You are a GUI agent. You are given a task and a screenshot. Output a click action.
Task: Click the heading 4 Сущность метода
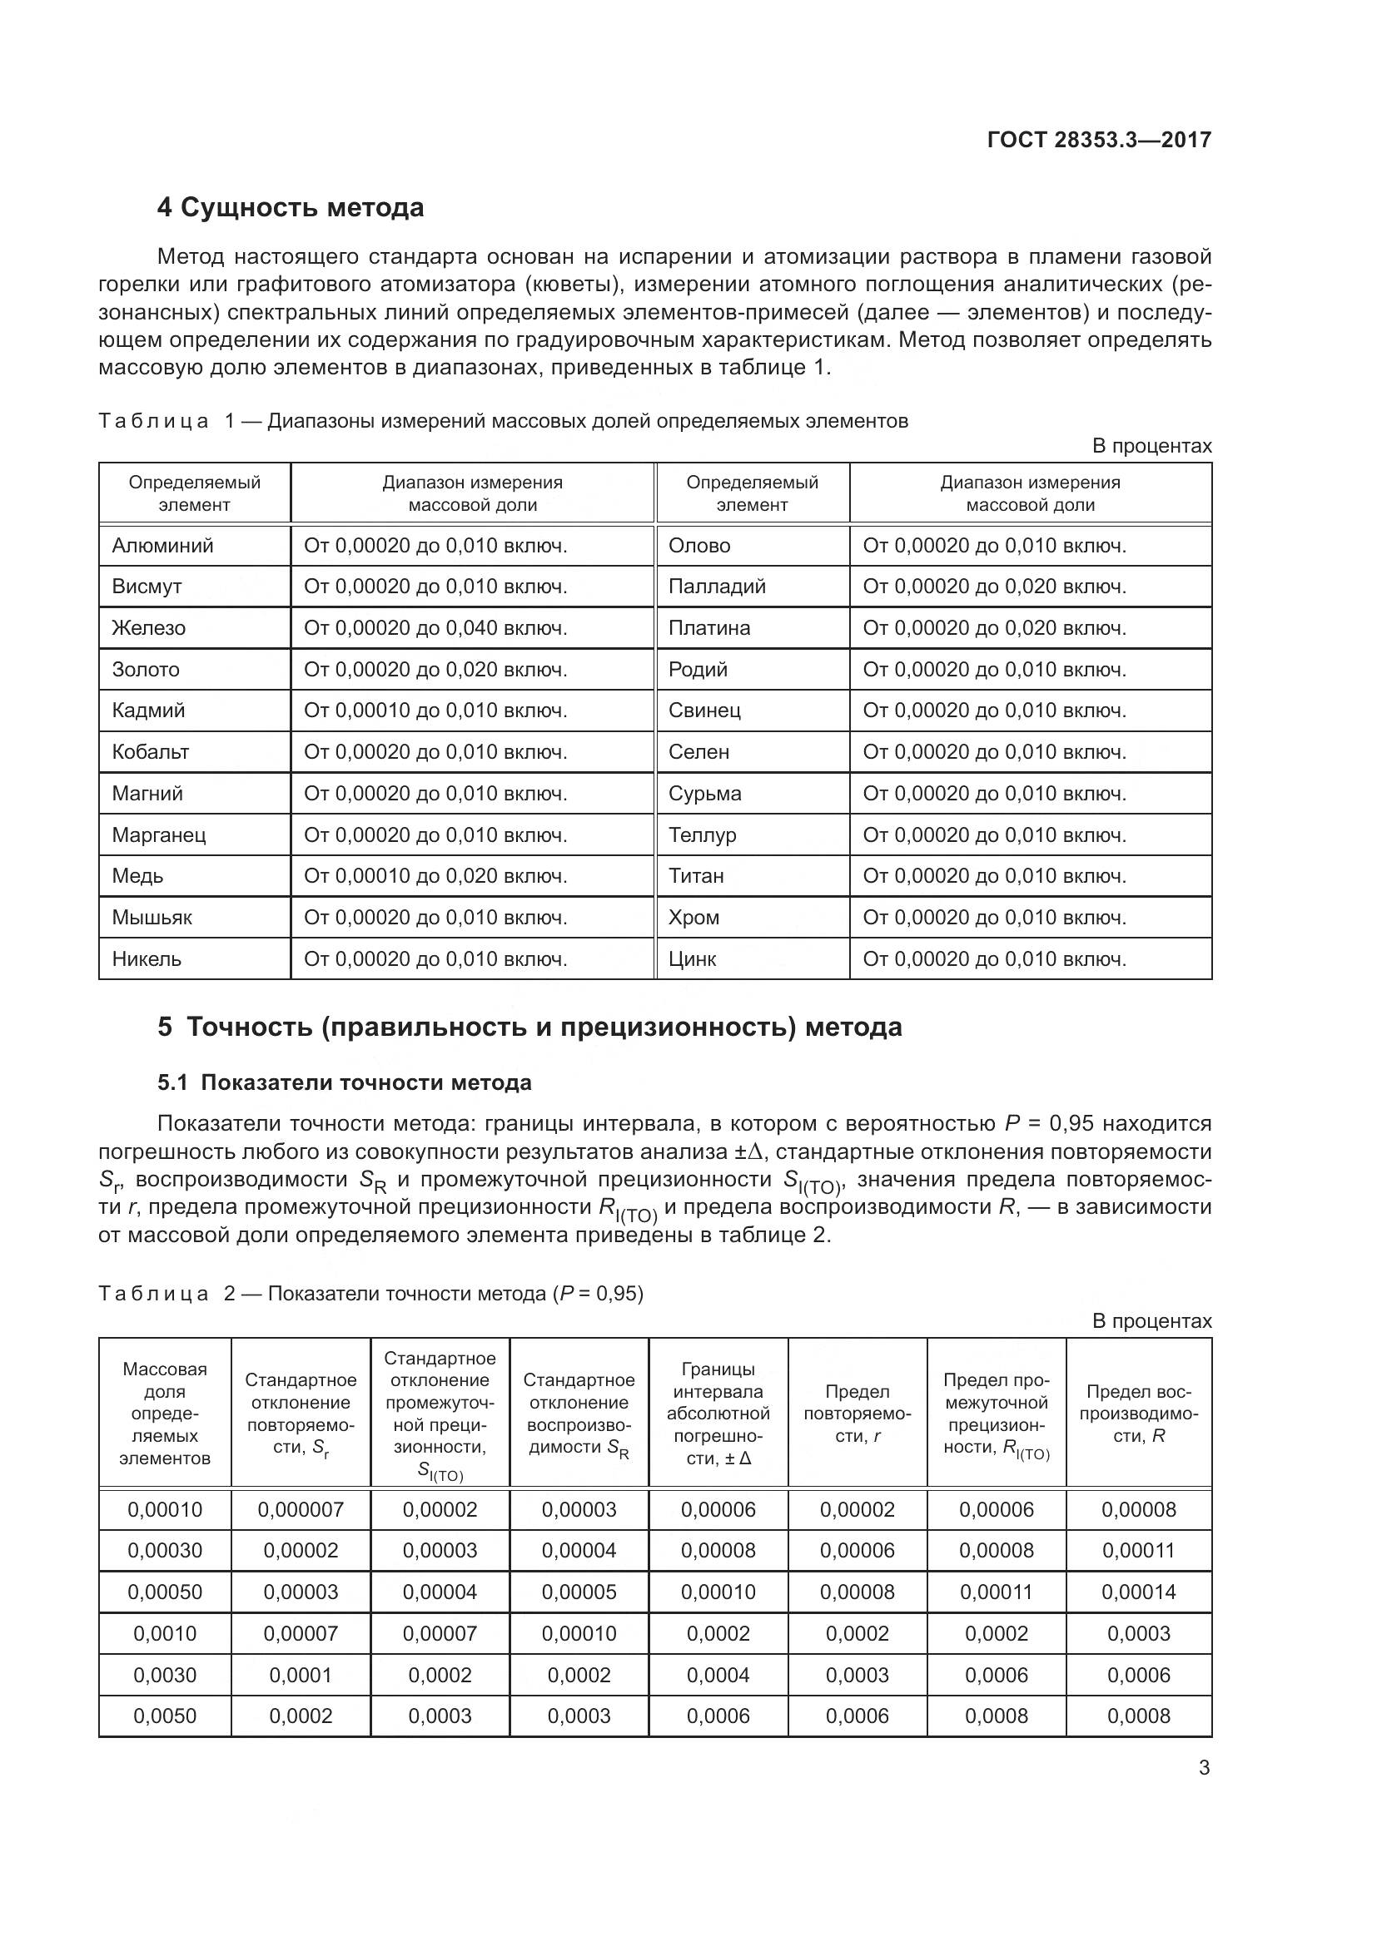pyautogui.click(x=290, y=208)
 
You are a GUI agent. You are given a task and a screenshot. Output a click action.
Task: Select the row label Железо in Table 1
pyautogui.click(x=148, y=628)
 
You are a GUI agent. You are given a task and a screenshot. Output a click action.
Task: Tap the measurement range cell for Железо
pyautogui.click(x=435, y=628)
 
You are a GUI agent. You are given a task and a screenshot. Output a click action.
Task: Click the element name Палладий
pyautogui.click(x=717, y=587)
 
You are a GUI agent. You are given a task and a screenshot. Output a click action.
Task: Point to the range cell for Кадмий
pyautogui.click(x=435, y=711)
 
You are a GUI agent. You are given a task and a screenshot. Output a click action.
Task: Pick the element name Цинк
pyautogui.click(x=692, y=958)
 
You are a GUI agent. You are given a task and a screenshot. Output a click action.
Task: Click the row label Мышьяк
pyautogui.click(x=152, y=917)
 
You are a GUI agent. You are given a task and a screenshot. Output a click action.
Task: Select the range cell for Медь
pyautogui.click(x=435, y=875)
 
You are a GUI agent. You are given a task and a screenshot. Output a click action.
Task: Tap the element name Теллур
pyautogui.click(x=702, y=834)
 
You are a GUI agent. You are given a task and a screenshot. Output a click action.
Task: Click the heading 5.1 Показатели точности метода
pyautogui.click(x=345, y=1082)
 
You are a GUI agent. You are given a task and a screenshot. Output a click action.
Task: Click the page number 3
pyautogui.click(x=1204, y=1768)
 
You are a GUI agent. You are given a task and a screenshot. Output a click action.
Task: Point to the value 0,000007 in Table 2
pyautogui.click(x=301, y=1509)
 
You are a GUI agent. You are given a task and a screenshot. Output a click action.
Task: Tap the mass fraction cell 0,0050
pyautogui.click(x=165, y=1716)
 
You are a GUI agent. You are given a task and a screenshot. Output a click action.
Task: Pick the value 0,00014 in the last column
pyautogui.click(x=1138, y=1592)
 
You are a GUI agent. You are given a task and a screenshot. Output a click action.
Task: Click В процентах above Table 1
pyautogui.click(x=1151, y=446)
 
